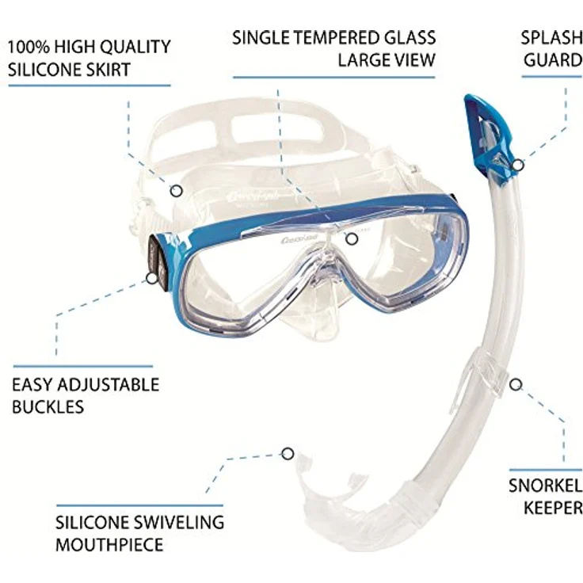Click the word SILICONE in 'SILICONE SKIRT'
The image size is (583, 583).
point(43,70)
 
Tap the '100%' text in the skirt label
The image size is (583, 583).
point(29,47)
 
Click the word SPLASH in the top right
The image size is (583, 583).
point(551,37)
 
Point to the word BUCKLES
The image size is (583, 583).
point(48,407)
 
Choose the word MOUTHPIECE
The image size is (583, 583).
point(109,545)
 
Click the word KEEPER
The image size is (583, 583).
point(553,508)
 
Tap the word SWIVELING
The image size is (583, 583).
point(179,522)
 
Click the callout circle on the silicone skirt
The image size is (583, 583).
point(176,191)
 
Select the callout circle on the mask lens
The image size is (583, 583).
point(352,239)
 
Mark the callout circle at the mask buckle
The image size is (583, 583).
point(151,278)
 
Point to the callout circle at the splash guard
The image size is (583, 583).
point(517,164)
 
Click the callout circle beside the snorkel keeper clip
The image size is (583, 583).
point(516,384)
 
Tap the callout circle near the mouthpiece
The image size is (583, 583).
point(288,454)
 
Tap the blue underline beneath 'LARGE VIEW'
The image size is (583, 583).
point(334,78)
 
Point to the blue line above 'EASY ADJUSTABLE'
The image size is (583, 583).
point(83,366)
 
